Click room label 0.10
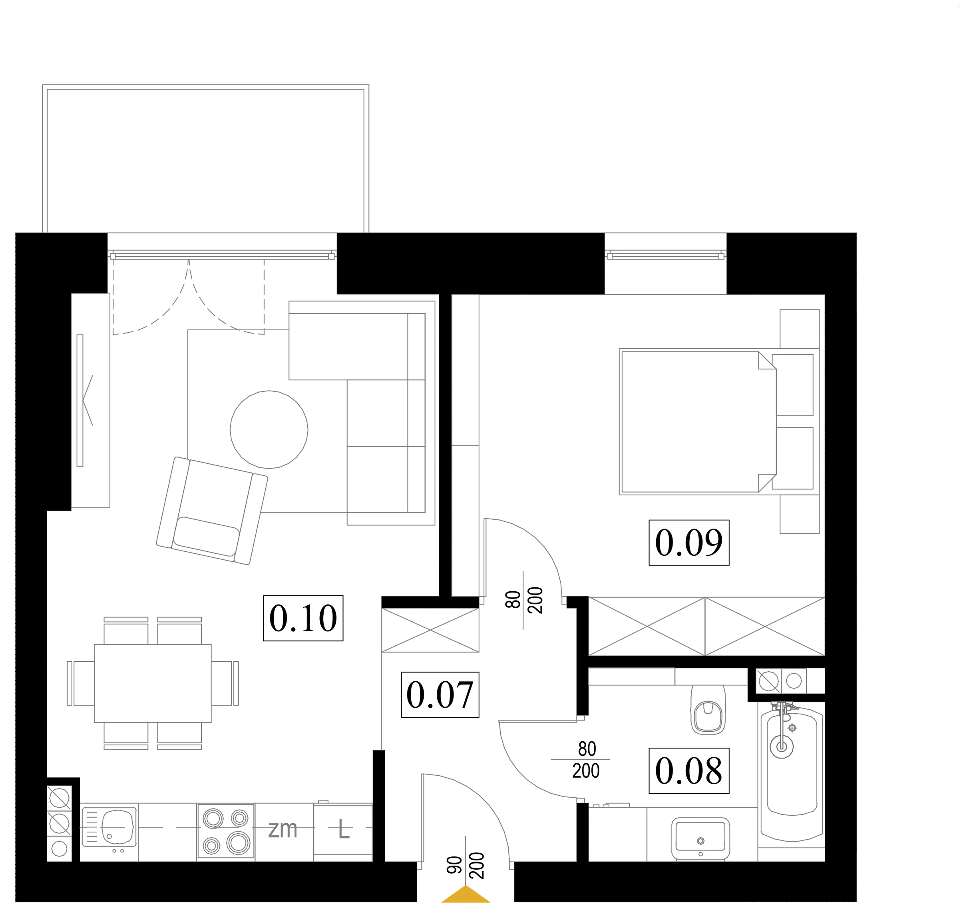pyautogui.click(x=303, y=618)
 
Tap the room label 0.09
pyautogui.click(x=688, y=543)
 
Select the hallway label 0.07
pyautogui.click(x=440, y=695)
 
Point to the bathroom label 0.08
pyautogui.click(x=688, y=771)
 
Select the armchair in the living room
pyautogui.click(x=212, y=511)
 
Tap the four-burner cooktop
pyautogui.click(x=225, y=831)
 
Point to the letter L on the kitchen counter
pyautogui.click(x=344, y=830)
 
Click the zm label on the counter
pyautogui.click(x=283, y=829)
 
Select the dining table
pyautogui.click(x=153, y=683)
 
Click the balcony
pyautogui.click(x=205, y=159)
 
